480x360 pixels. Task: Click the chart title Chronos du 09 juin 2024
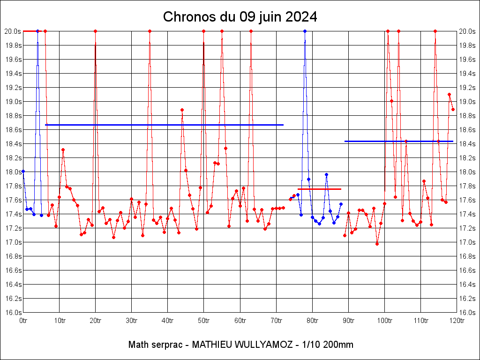point(240,17)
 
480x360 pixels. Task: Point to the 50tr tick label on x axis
point(204,321)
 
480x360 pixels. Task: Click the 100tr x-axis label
point(384,321)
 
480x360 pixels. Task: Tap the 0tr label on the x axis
point(23,321)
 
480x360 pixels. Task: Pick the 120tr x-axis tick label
point(457,321)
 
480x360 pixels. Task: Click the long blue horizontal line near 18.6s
point(164,125)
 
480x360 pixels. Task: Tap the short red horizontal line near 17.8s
point(319,189)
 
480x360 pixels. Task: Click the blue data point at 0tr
point(23,172)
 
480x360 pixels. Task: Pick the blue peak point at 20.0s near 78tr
point(305,31)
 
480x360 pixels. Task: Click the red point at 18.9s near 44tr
point(182,110)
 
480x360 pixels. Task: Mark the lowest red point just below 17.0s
point(377,244)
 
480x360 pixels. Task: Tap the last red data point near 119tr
point(453,109)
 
